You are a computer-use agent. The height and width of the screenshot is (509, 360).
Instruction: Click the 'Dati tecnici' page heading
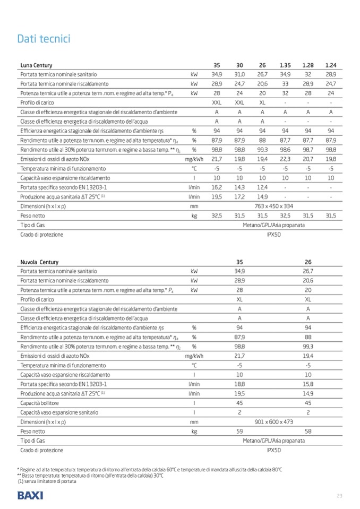(44, 39)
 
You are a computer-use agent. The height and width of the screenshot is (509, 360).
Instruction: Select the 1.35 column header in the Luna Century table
(285, 65)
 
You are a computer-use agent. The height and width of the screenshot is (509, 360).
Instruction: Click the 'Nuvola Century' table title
(40, 262)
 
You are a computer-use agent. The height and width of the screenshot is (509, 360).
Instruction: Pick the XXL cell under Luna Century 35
(217, 102)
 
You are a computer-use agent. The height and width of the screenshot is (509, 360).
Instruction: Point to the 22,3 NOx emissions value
(285, 159)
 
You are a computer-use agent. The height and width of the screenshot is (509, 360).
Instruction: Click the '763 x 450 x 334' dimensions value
(273, 206)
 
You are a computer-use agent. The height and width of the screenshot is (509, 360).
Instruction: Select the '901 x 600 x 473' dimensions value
(273, 422)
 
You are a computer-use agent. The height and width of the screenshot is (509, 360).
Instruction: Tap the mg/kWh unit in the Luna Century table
(194, 159)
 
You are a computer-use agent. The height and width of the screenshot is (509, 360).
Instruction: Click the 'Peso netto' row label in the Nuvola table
(32, 432)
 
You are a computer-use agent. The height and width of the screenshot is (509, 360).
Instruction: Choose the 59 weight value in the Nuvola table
(239, 432)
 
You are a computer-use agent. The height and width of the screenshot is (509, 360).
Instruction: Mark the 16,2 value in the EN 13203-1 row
(217, 187)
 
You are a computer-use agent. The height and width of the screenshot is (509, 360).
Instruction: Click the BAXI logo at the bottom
(30, 496)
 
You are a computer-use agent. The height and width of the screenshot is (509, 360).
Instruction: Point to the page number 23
(340, 496)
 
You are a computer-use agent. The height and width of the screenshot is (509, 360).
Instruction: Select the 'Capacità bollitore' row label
(40, 403)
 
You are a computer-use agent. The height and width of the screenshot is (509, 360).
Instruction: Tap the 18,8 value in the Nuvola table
(239, 384)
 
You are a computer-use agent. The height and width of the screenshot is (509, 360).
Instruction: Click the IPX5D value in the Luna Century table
(273, 234)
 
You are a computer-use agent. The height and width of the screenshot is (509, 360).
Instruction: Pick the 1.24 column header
(331, 65)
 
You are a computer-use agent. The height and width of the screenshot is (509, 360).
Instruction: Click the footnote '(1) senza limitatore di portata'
(47, 481)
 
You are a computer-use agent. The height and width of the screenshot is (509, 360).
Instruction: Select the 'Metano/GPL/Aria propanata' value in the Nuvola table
(273, 441)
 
